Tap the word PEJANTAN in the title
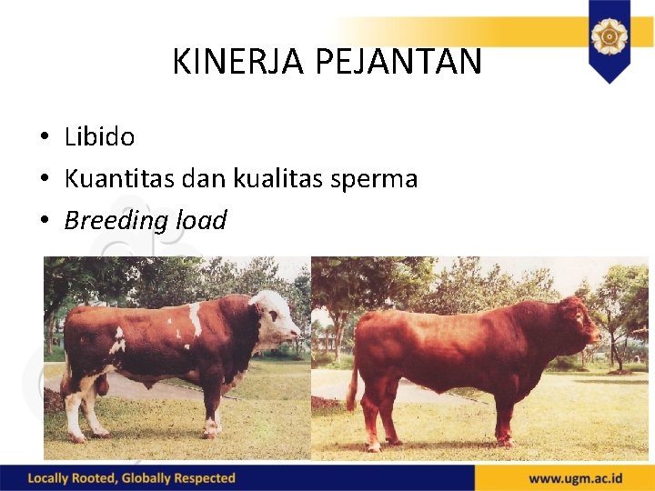pos(398,63)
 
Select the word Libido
pos(99,137)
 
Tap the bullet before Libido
pos(44,138)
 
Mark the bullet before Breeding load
pos(44,222)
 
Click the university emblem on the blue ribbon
pos(608,37)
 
